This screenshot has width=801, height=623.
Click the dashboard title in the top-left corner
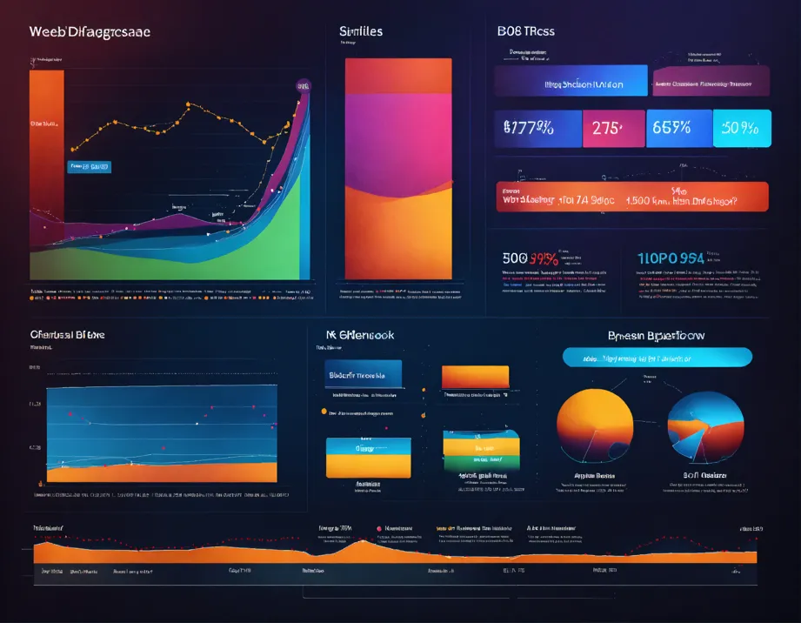(90, 31)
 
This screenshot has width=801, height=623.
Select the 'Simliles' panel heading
(361, 31)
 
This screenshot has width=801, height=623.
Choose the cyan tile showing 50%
(742, 128)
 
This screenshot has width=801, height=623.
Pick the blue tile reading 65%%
(678, 128)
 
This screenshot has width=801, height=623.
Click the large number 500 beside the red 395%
(517, 258)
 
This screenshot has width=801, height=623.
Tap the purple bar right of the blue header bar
(711, 81)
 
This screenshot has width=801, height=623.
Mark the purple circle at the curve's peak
(303, 85)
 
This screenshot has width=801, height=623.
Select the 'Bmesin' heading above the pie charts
(655, 335)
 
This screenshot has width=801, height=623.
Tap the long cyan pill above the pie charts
(657, 357)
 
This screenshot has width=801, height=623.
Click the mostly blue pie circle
(705, 426)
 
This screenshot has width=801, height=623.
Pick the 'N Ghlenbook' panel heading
(359, 334)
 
